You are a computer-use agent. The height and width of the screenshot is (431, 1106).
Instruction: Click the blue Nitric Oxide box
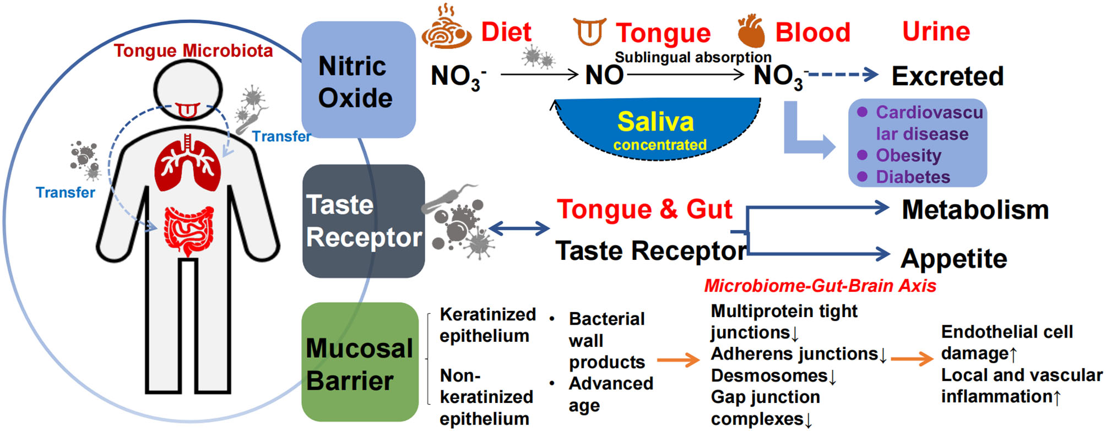coord(357,80)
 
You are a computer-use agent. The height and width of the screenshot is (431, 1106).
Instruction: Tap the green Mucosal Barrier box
coord(360,362)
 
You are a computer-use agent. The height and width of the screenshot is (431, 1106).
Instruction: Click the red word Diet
coord(506,32)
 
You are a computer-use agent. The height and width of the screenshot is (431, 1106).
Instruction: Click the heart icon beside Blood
coord(751,32)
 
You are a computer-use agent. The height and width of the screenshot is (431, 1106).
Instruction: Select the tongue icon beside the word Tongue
coord(589,31)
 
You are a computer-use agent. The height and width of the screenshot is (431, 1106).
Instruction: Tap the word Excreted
coord(947,76)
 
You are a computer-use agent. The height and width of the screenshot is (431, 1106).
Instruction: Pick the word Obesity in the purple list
coord(908,155)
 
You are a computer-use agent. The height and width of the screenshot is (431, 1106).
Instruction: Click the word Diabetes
coord(913,177)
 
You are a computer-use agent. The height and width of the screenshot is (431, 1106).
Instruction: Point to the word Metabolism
coord(975,210)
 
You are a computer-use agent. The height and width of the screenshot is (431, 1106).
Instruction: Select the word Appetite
coord(953,258)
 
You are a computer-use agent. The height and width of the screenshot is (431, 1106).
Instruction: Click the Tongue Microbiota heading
coord(193,51)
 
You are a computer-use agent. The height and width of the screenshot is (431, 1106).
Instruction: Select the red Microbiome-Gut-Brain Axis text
coord(820,286)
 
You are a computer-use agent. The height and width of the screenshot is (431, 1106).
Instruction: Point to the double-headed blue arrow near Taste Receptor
coord(519,228)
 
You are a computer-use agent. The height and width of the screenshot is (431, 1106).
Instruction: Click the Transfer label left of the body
coord(65,193)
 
